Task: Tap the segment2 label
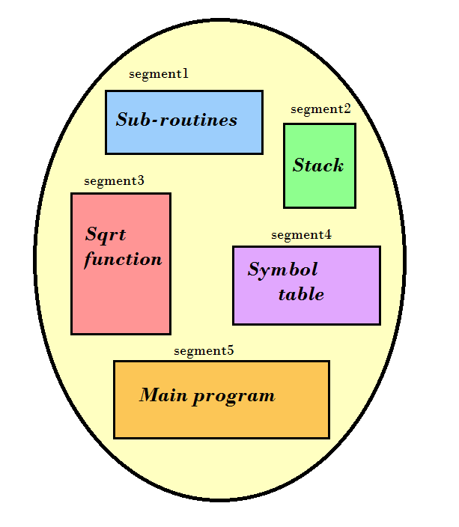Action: pyautogui.click(x=320, y=109)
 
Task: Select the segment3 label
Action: pyautogui.click(x=114, y=180)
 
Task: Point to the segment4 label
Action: pyautogui.click(x=301, y=234)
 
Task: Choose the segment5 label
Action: pyautogui.click(x=204, y=350)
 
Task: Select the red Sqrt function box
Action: pyautogui.click(x=121, y=299)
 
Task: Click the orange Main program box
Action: pyautogui.click(x=222, y=419)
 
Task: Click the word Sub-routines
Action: pyautogui.click(x=177, y=120)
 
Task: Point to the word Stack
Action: pyautogui.click(x=318, y=165)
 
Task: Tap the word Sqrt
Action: pyautogui.click(x=106, y=235)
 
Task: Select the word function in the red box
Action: pyautogui.click(x=123, y=260)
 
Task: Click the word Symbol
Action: pyautogui.click(x=282, y=269)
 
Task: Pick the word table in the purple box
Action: pyautogui.click(x=301, y=294)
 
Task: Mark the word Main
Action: pyautogui.click(x=162, y=395)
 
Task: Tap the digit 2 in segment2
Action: pyautogui.click(x=347, y=109)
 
